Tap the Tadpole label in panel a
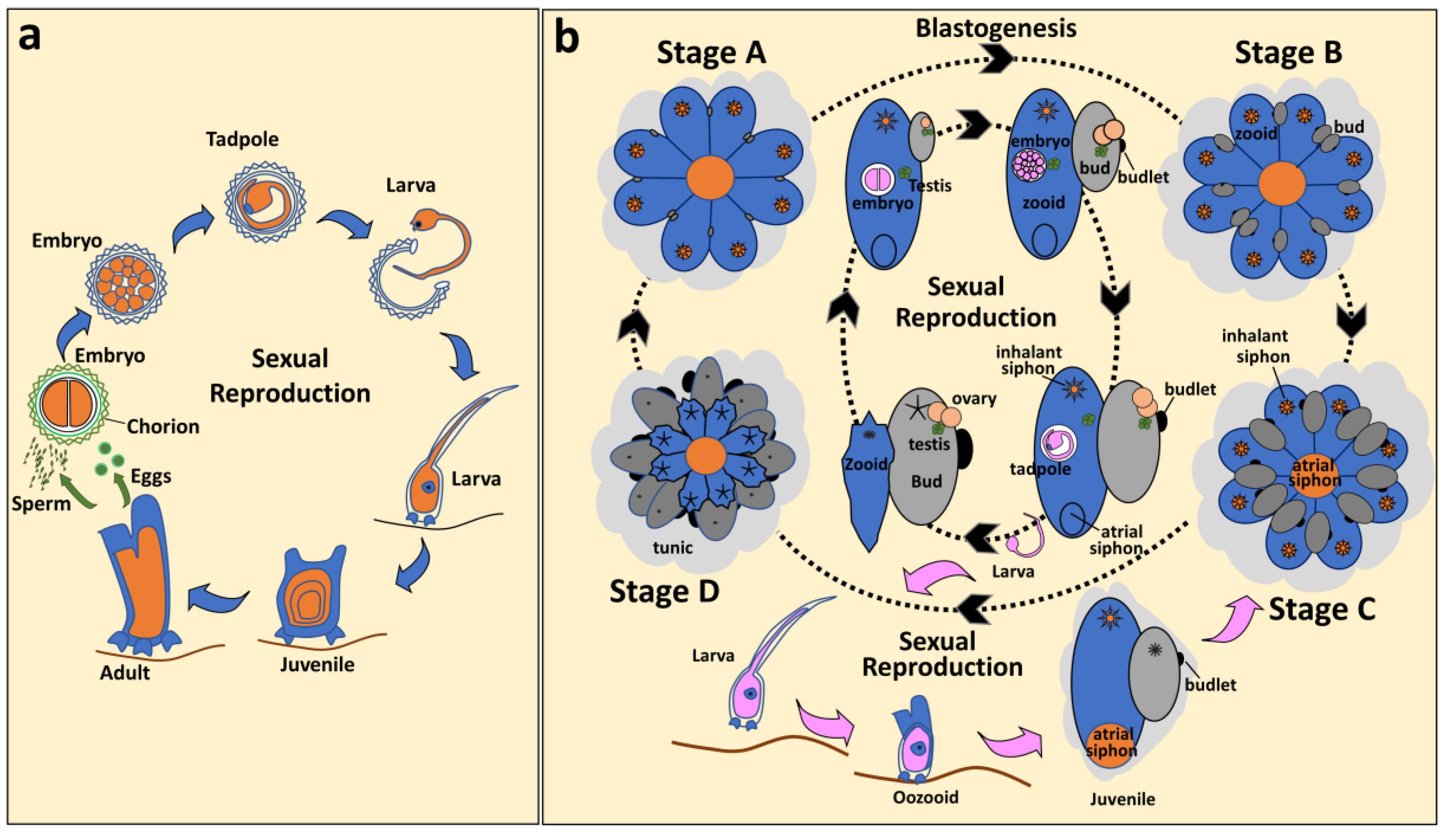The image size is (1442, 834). (x=242, y=139)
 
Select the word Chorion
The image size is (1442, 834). (x=163, y=426)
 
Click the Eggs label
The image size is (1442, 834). (x=151, y=476)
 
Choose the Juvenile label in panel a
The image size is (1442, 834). (x=317, y=665)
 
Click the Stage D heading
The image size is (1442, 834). (x=664, y=591)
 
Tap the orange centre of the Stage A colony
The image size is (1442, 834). (x=709, y=178)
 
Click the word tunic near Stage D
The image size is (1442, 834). (x=672, y=548)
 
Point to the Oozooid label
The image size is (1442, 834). (x=925, y=797)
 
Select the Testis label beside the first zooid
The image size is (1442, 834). (x=930, y=186)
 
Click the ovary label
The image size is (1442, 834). (x=974, y=398)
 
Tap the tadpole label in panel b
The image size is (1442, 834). (x=1040, y=469)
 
